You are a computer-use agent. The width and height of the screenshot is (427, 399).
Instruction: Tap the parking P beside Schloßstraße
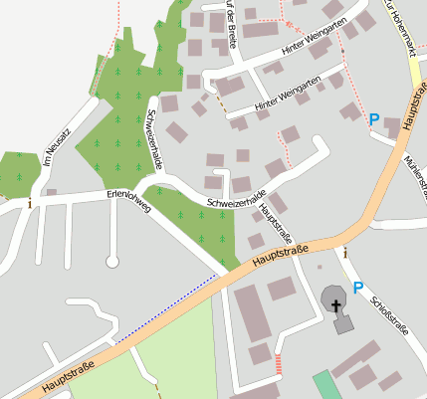pos(357,287)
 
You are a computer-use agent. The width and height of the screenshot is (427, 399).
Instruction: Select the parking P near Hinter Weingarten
pos(374,119)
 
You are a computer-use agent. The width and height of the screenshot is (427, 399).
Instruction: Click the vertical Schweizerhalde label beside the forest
pos(153,139)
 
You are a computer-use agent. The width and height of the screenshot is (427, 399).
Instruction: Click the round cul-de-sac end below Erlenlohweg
pos(111,262)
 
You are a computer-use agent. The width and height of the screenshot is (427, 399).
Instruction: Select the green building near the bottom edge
pos(326,386)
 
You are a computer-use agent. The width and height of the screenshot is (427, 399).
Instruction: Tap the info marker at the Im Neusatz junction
pos(30,203)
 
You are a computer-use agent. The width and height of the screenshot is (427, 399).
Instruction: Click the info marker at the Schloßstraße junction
pos(344,254)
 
